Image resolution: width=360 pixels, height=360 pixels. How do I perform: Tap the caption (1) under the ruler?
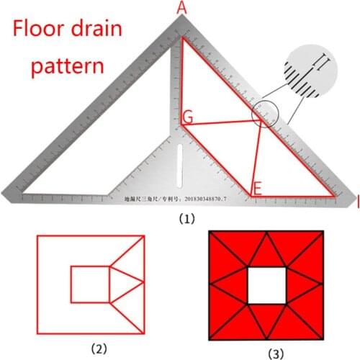tap(179, 214)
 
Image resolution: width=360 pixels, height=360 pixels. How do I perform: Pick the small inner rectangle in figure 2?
tap(89, 284)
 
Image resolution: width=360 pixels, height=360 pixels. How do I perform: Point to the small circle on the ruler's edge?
tap(265, 115)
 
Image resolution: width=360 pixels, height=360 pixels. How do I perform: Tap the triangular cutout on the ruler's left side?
tap(72, 166)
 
